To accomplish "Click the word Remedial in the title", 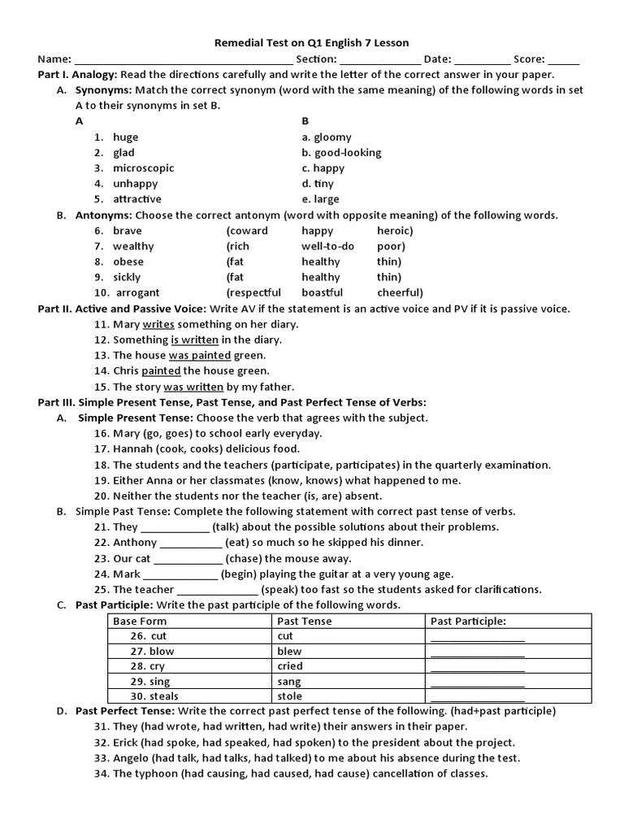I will [236, 42].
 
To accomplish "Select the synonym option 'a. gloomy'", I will [327, 137].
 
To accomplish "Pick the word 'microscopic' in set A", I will [144, 168].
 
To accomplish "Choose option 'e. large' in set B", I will [321, 199].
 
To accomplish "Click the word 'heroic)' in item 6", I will [395, 231].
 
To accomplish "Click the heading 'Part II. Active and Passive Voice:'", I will [123, 309].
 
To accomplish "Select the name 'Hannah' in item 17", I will [132, 448].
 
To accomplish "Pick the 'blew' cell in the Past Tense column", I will [289, 652].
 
